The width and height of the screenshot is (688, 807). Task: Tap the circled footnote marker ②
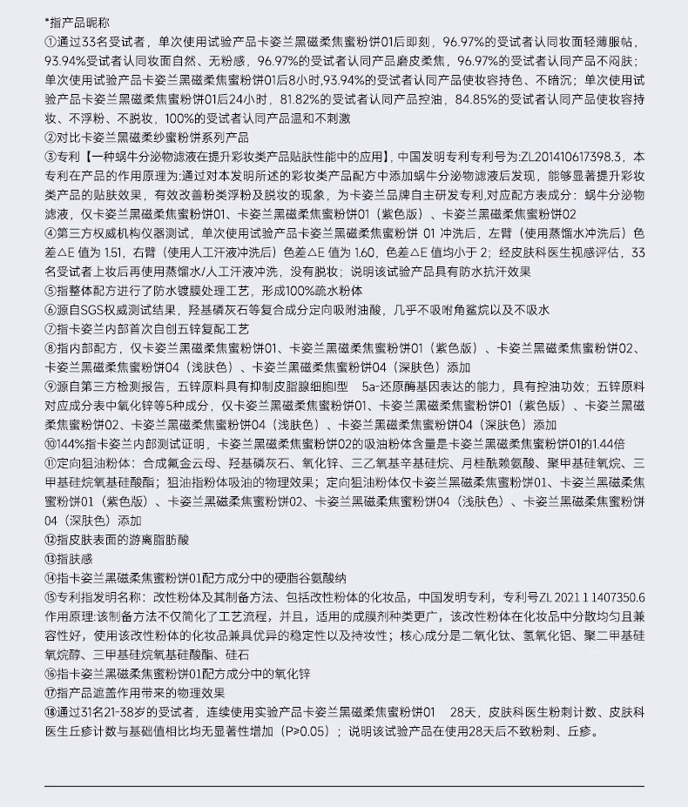(x=50, y=138)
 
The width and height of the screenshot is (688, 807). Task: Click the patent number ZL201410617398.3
(x=571, y=157)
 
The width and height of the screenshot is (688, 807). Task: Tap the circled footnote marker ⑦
(x=50, y=330)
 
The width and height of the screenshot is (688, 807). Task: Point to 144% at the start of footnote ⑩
(x=72, y=445)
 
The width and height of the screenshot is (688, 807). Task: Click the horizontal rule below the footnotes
(x=343, y=786)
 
